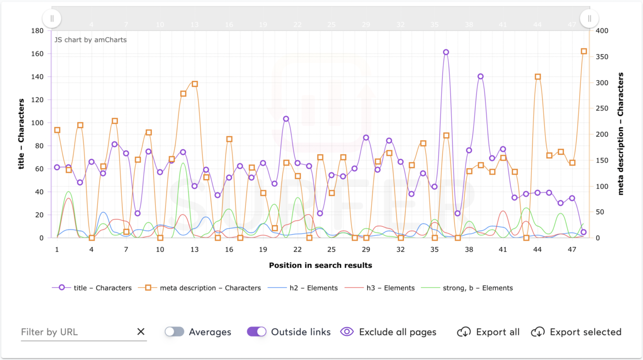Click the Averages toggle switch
174,332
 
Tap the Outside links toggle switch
257,332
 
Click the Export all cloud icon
464,332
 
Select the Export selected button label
585,332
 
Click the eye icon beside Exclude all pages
347,332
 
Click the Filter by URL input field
77,332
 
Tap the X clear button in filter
141,332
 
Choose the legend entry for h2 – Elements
303,288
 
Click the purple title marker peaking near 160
446,52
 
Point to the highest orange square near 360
584,51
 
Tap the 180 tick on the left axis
38,30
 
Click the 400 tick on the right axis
602,30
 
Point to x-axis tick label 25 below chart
332,249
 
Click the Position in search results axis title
320,265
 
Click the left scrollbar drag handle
52,19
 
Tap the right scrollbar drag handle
590,19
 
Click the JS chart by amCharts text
91,40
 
